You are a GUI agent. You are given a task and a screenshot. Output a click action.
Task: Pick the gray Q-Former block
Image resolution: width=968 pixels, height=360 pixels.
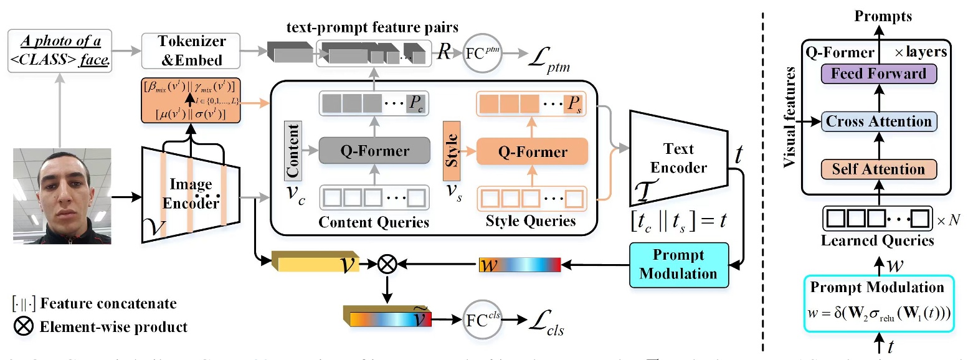coord(374,151)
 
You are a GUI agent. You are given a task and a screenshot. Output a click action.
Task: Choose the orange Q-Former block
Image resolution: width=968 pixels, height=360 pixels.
coord(531,151)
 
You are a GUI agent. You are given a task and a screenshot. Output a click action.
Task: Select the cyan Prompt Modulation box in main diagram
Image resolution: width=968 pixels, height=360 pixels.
coord(678,264)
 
